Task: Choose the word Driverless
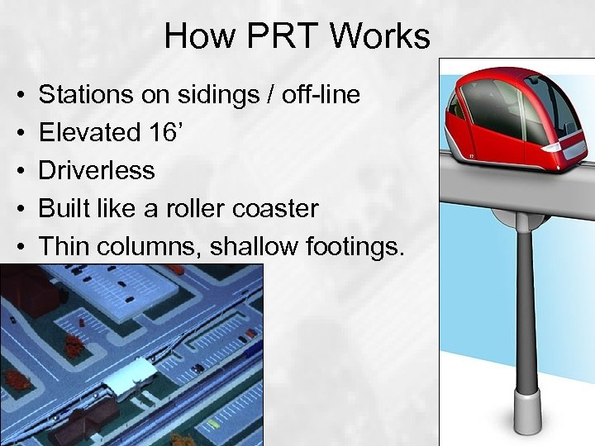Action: tap(97, 171)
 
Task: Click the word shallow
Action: tap(249, 246)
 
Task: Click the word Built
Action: tap(66, 208)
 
